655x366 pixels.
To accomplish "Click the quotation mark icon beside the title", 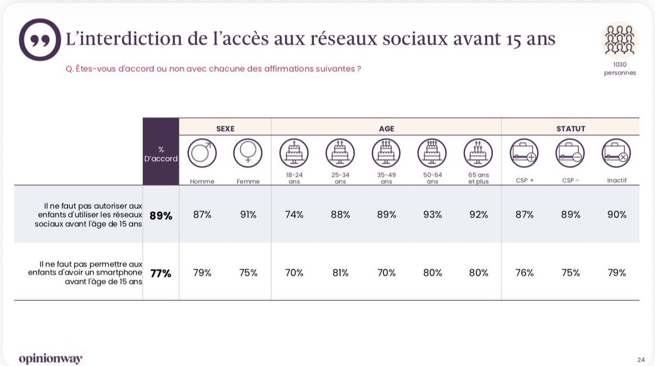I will point(40,39).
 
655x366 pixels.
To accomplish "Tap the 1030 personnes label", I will point(620,68).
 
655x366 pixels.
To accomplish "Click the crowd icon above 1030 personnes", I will point(620,39).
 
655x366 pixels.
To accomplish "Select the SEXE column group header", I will point(225,129).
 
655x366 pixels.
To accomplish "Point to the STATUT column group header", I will point(570,129).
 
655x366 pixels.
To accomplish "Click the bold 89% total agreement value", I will point(161,216).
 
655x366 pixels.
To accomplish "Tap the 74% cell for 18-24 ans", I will point(294,215).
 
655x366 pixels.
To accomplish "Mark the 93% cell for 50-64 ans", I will point(432,215).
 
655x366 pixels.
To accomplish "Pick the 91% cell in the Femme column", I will point(248,215).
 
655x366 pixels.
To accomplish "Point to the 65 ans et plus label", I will point(478,179).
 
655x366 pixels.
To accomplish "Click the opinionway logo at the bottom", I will point(50,358).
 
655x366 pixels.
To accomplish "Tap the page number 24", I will point(641,359).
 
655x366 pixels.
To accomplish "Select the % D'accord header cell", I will point(161,154).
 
